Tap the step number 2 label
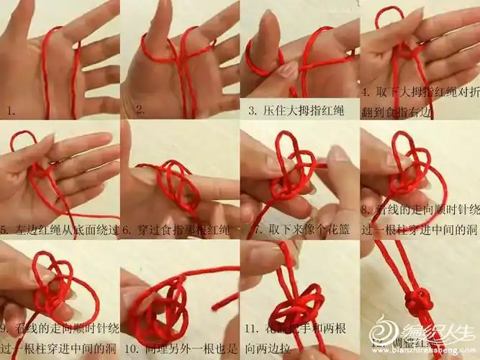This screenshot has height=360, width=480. (x=140, y=110)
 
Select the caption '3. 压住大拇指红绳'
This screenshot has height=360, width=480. (x=296, y=111)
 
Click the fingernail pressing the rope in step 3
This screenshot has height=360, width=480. (x=289, y=69)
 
